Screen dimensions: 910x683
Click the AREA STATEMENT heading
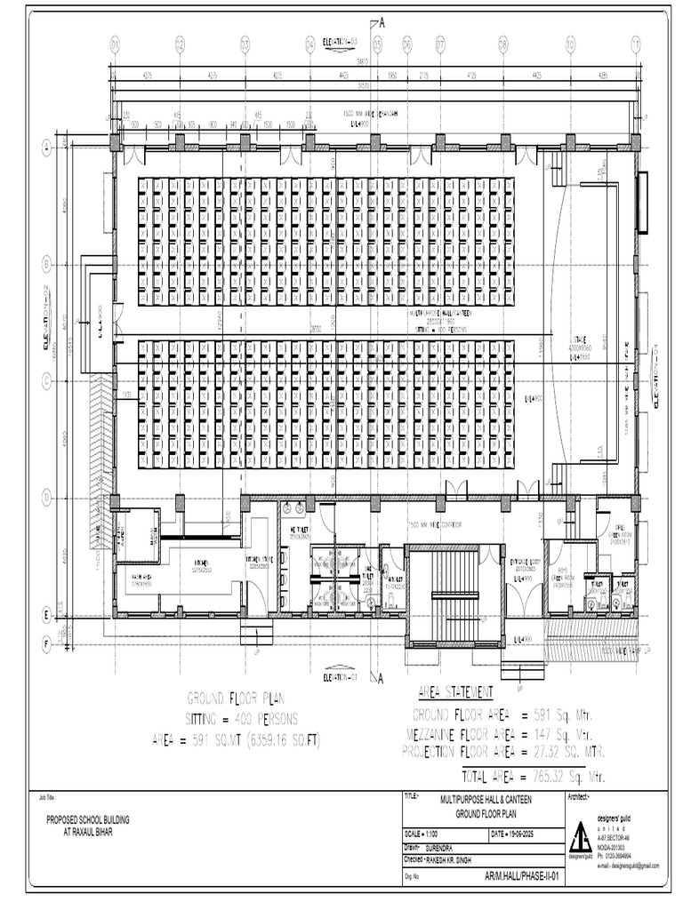coord(455,692)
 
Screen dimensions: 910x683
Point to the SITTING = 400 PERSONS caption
coord(242,718)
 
